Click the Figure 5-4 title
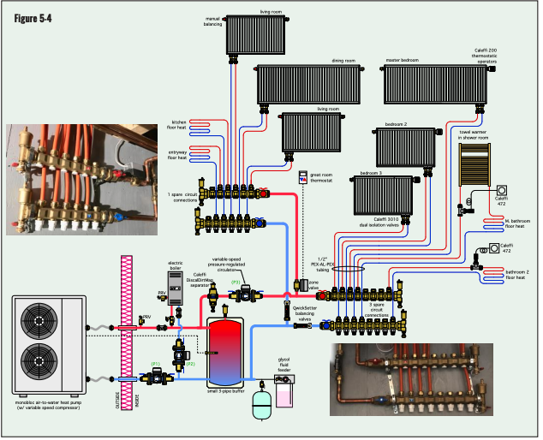point(33,19)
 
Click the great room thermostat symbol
point(303,178)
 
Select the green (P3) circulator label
point(236,282)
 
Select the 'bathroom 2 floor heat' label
point(515,275)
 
